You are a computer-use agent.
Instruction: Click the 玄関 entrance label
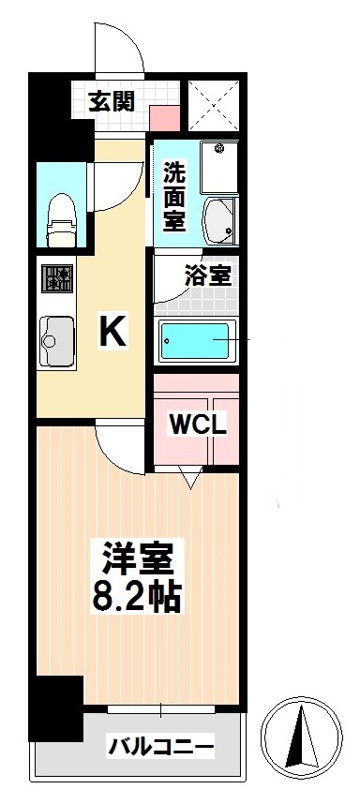tap(112, 101)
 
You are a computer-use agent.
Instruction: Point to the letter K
tap(113, 331)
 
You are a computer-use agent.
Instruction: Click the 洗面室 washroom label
tap(174, 195)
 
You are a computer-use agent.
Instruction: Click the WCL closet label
tap(197, 424)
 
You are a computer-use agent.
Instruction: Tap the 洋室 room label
tap(137, 559)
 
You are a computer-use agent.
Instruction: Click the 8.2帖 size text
tap(137, 597)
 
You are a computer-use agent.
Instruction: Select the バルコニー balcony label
tap(160, 748)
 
